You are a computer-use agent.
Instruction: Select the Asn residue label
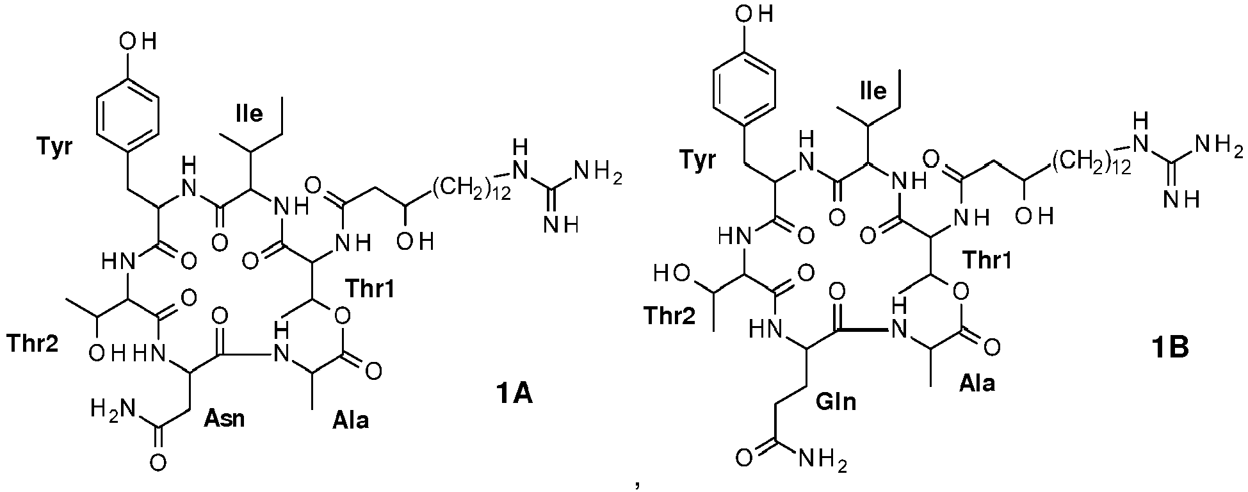[224, 420]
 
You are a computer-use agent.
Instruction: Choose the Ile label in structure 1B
[872, 91]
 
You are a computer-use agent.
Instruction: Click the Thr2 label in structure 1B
[670, 315]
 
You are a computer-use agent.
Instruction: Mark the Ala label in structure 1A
[350, 421]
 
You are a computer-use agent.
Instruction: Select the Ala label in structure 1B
[977, 383]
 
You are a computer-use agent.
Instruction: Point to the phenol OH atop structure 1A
[136, 42]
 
